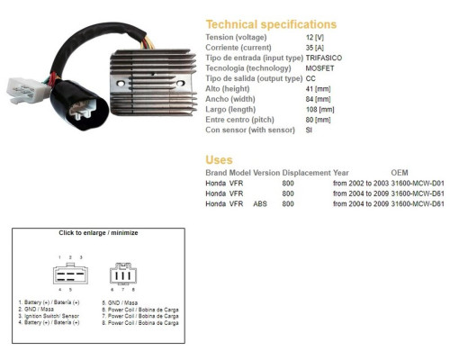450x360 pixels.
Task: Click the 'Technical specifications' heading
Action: pos(271,24)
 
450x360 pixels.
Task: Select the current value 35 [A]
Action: pos(315,48)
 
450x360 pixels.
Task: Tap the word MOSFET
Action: pos(319,68)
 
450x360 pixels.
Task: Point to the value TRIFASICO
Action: pos(324,58)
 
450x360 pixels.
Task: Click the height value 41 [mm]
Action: pos(318,89)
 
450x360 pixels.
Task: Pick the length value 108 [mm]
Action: pos(319,110)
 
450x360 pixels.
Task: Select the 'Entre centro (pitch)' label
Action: pos(239,120)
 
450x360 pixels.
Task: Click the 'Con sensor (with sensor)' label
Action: pos(250,130)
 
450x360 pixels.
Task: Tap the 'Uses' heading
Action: pos(219,160)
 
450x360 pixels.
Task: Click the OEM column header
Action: pos(400,173)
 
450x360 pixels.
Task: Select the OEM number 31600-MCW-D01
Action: pos(418,184)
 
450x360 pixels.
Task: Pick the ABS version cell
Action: pos(260,204)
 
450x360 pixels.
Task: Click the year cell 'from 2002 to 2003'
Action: pos(361,184)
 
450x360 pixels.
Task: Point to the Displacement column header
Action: pos(306,173)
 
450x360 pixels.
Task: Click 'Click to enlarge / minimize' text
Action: pos(98,233)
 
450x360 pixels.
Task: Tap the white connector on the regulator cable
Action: pos(27,90)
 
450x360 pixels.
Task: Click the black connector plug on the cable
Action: pos(79,105)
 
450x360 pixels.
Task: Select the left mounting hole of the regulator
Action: pos(121,84)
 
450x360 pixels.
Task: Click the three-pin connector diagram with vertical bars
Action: pos(123,274)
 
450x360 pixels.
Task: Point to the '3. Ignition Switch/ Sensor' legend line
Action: pos(49,316)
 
